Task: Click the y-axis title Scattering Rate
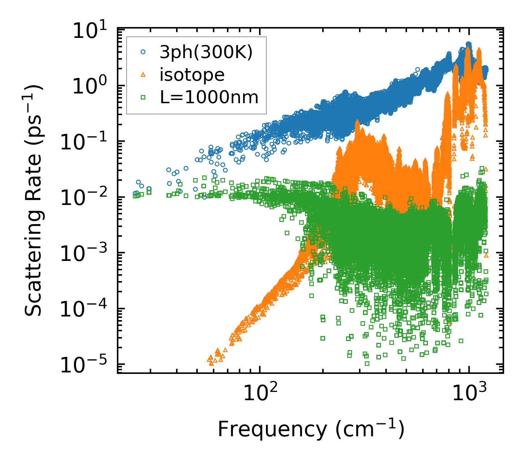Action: click(34, 200)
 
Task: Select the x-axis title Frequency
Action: click(311, 430)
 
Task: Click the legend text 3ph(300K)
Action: click(206, 53)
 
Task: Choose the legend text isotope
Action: click(192, 75)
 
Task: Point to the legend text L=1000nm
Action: click(209, 97)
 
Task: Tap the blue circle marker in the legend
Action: click(143, 52)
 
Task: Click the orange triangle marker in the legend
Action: click(143, 75)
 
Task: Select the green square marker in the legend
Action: click(143, 97)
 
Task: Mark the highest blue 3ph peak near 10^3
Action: click(469, 44)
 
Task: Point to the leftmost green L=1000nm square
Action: click(135, 196)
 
